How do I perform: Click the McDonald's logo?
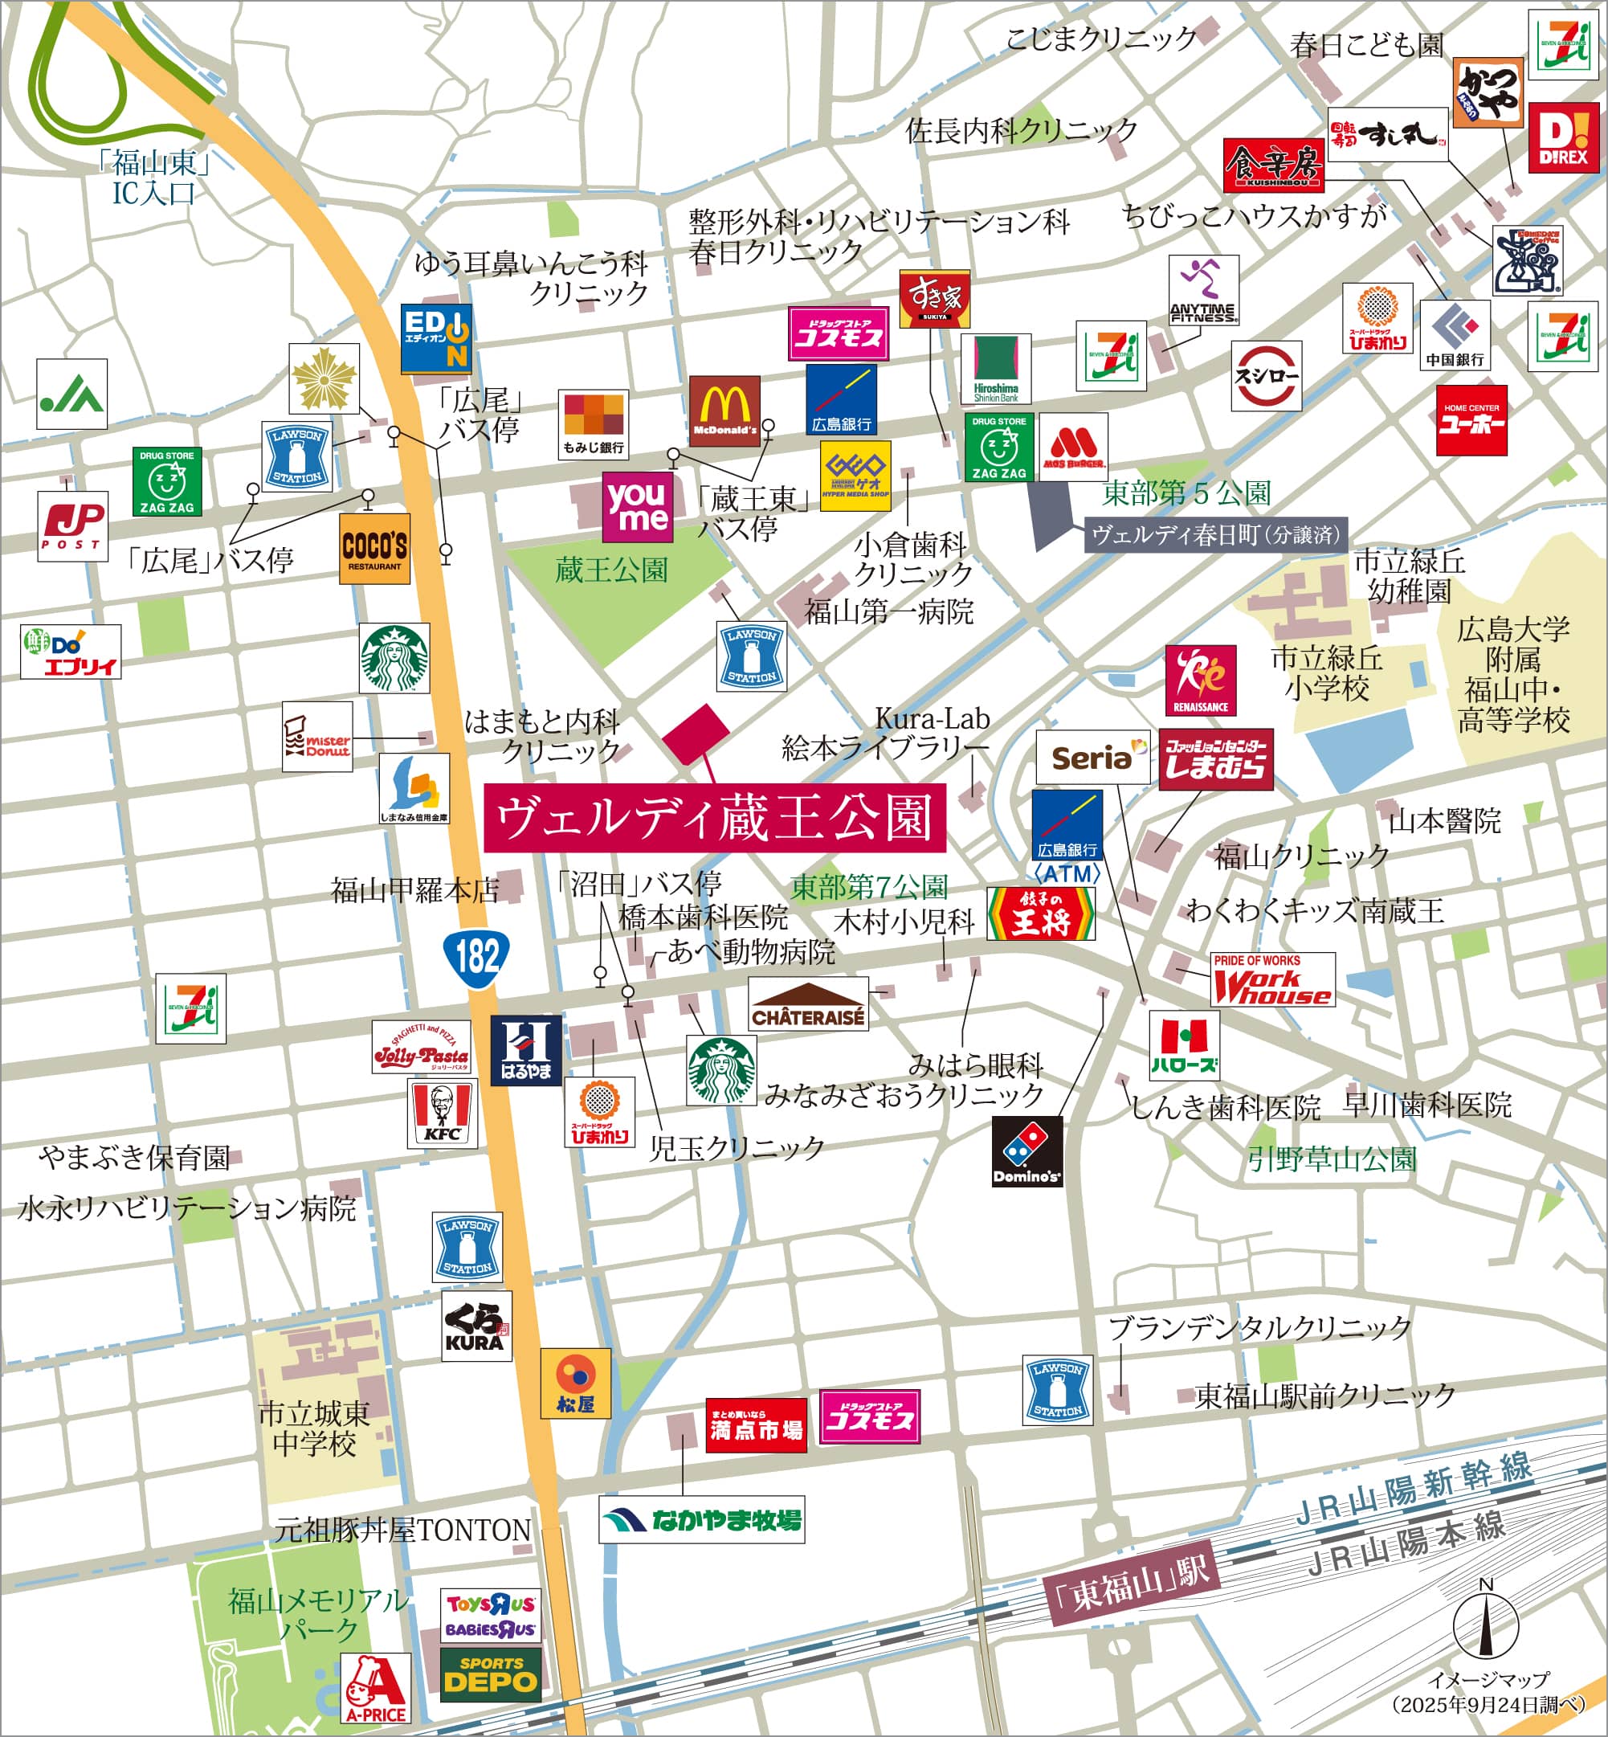(724, 410)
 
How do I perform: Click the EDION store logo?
(436, 338)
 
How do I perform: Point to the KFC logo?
(442, 1113)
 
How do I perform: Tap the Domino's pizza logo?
(1026, 1151)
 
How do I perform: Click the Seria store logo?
(1092, 757)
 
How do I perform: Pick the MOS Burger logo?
(1073, 448)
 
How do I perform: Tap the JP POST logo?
(72, 526)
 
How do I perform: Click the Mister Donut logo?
(316, 736)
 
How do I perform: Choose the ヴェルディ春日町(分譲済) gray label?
(1215, 534)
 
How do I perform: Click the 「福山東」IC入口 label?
(154, 178)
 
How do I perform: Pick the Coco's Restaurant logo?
(374, 548)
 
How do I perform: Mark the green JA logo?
(71, 394)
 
